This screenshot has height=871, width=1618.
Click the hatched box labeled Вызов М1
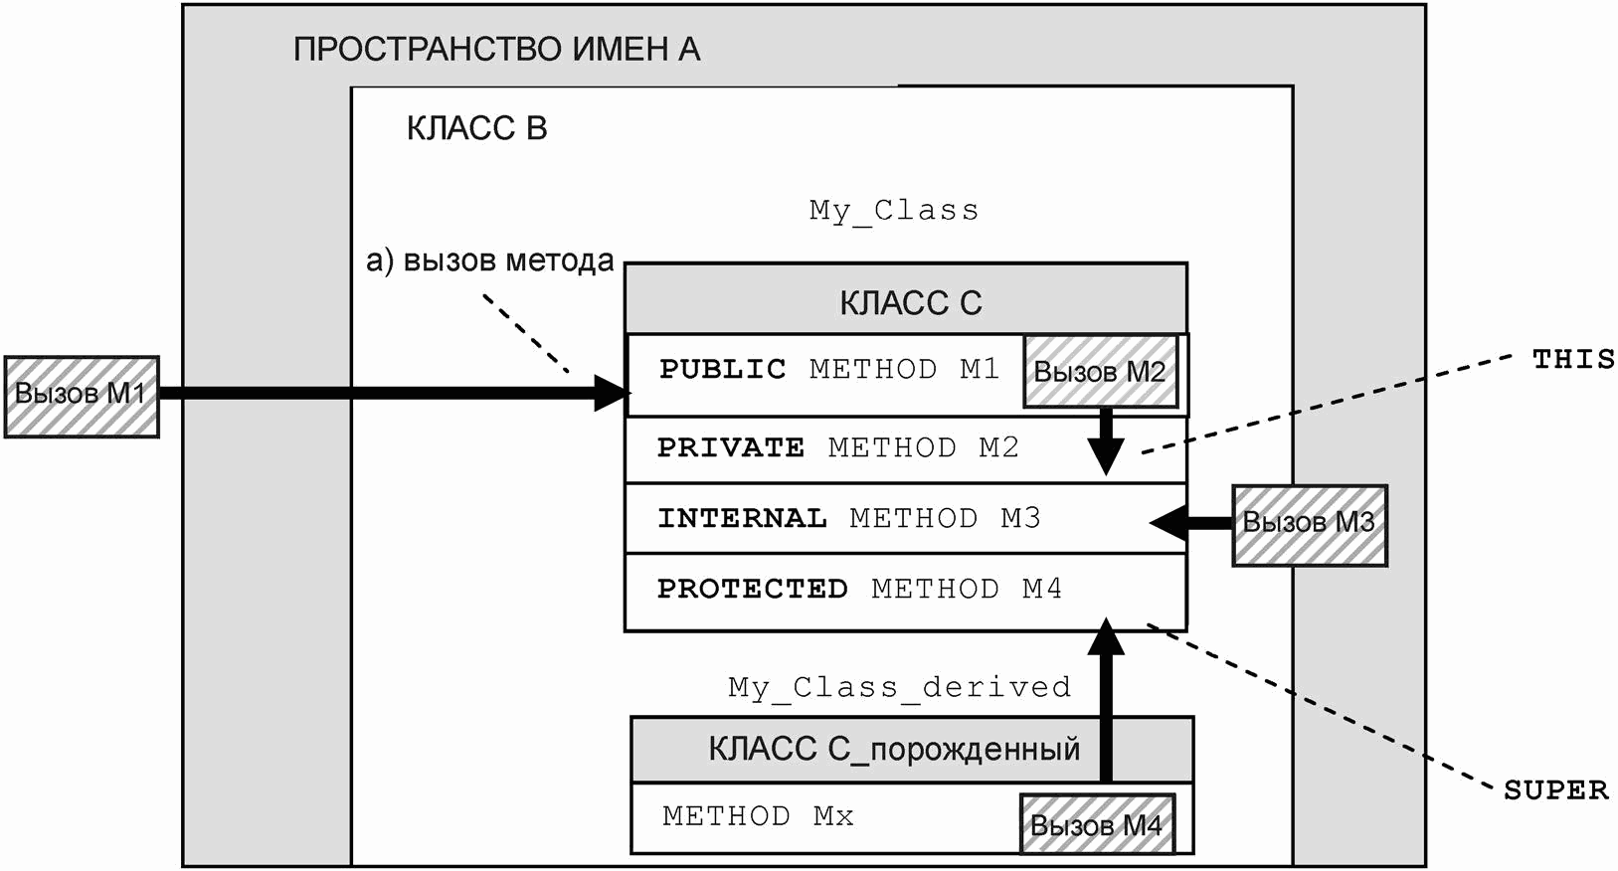pyautogui.click(x=82, y=397)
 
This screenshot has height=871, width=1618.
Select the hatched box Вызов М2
pyautogui.click(x=1100, y=372)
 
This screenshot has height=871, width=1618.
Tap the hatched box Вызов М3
pyautogui.click(x=1309, y=525)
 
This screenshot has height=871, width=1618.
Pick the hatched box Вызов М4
pyautogui.click(x=1096, y=824)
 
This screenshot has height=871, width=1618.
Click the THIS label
pyautogui.click(x=1572, y=359)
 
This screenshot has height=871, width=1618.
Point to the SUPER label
pyautogui.click(x=1555, y=790)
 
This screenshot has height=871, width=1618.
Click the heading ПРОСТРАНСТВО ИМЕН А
pyautogui.click(x=496, y=49)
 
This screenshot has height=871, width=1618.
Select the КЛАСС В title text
pyautogui.click(x=476, y=128)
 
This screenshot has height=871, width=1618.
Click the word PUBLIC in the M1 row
pyautogui.click(x=722, y=369)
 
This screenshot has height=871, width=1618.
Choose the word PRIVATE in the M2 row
pyautogui.click(x=730, y=447)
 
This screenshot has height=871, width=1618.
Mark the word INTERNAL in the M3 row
pyautogui.click(x=742, y=518)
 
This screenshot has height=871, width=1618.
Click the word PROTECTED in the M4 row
pyautogui.click(x=752, y=589)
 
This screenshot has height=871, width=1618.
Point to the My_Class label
pyautogui.click(x=893, y=210)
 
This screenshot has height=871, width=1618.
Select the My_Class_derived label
pyautogui.click(x=899, y=687)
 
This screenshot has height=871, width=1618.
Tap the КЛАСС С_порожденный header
pyautogui.click(x=893, y=749)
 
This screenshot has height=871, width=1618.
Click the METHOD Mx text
pyautogui.click(x=758, y=816)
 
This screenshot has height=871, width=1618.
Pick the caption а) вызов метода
pyautogui.click(x=490, y=261)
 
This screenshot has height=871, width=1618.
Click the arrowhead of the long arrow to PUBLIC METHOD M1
pyautogui.click(x=611, y=393)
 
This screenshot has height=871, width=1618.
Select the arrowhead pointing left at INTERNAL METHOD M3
pyautogui.click(x=1169, y=521)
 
